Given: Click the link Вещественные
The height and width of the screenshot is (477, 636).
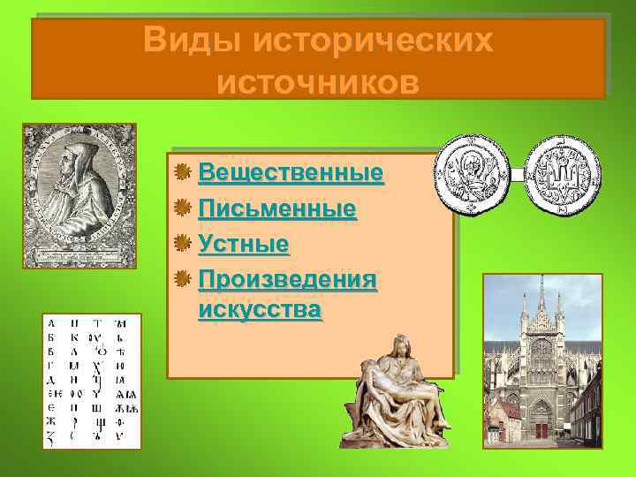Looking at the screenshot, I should click(x=291, y=171).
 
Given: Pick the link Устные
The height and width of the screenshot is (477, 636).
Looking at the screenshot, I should click(x=245, y=243).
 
